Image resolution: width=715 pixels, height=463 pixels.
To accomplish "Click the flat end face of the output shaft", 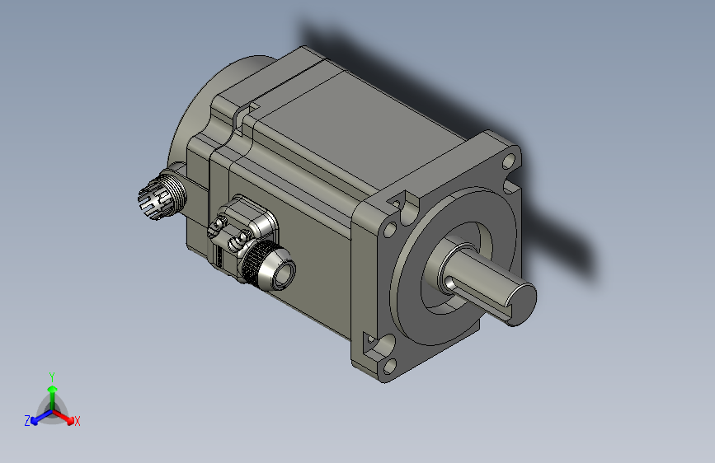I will click(x=518, y=302).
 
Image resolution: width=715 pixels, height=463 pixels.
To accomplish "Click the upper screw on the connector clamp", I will click(x=220, y=223).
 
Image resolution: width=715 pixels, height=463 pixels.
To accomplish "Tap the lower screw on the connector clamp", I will click(x=240, y=241).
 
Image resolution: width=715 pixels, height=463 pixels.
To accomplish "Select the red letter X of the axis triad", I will click(x=78, y=421).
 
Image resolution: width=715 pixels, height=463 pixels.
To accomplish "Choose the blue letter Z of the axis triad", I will click(x=26, y=420).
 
